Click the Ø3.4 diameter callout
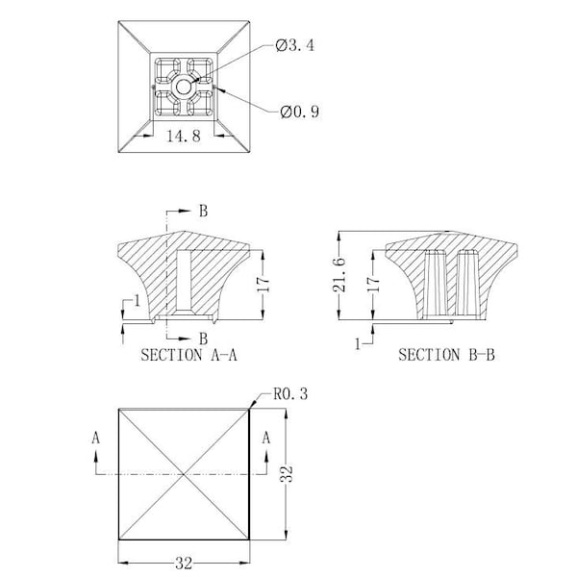[x=295, y=45]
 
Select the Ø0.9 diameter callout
[x=299, y=112]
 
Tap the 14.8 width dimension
[x=184, y=136]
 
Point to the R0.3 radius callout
[x=290, y=393]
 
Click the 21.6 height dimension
[x=339, y=274]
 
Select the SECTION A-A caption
[x=188, y=355]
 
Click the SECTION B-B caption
[x=446, y=355]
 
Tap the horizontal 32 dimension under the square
[x=184, y=564]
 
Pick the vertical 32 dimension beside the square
[x=287, y=473]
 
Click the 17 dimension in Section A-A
[x=263, y=285]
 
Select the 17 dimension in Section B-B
[x=373, y=284]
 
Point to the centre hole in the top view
[x=184, y=88]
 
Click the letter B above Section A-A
[x=203, y=211]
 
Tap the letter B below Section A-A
[x=203, y=339]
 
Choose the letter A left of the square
[x=95, y=438]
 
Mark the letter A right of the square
[x=266, y=438]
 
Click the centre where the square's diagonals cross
[x=184, y=474]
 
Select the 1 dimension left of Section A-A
[x=138, y=301]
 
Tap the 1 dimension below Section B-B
[x=358, y=344]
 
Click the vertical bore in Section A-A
[x=184, y=281]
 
